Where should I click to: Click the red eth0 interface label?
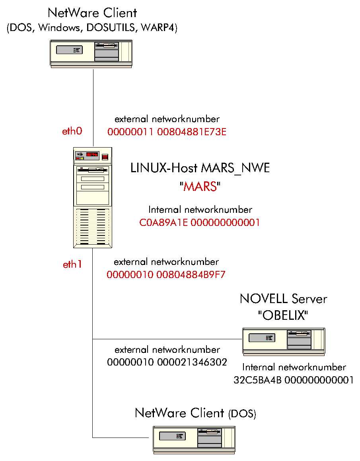tap(72, 131)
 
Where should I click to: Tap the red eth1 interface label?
tap(72, 264)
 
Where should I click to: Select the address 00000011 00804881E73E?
tap(167, 132)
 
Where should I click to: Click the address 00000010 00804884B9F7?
tap(166, 275)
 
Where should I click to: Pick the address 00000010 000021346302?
tap(167, 362)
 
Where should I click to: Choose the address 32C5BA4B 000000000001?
tap(294, 380)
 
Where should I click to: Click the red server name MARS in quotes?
tap(200, 187)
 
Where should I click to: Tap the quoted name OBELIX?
tap(283, 315)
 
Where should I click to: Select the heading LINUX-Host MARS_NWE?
tap(200, 168)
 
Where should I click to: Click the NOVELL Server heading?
tap(283, 299)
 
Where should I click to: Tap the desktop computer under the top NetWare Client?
tap(91, 53)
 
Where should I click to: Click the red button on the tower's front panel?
tap(105, 157)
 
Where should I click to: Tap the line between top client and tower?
tap(93, 107)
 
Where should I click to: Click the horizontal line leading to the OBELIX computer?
tap(167, 339)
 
